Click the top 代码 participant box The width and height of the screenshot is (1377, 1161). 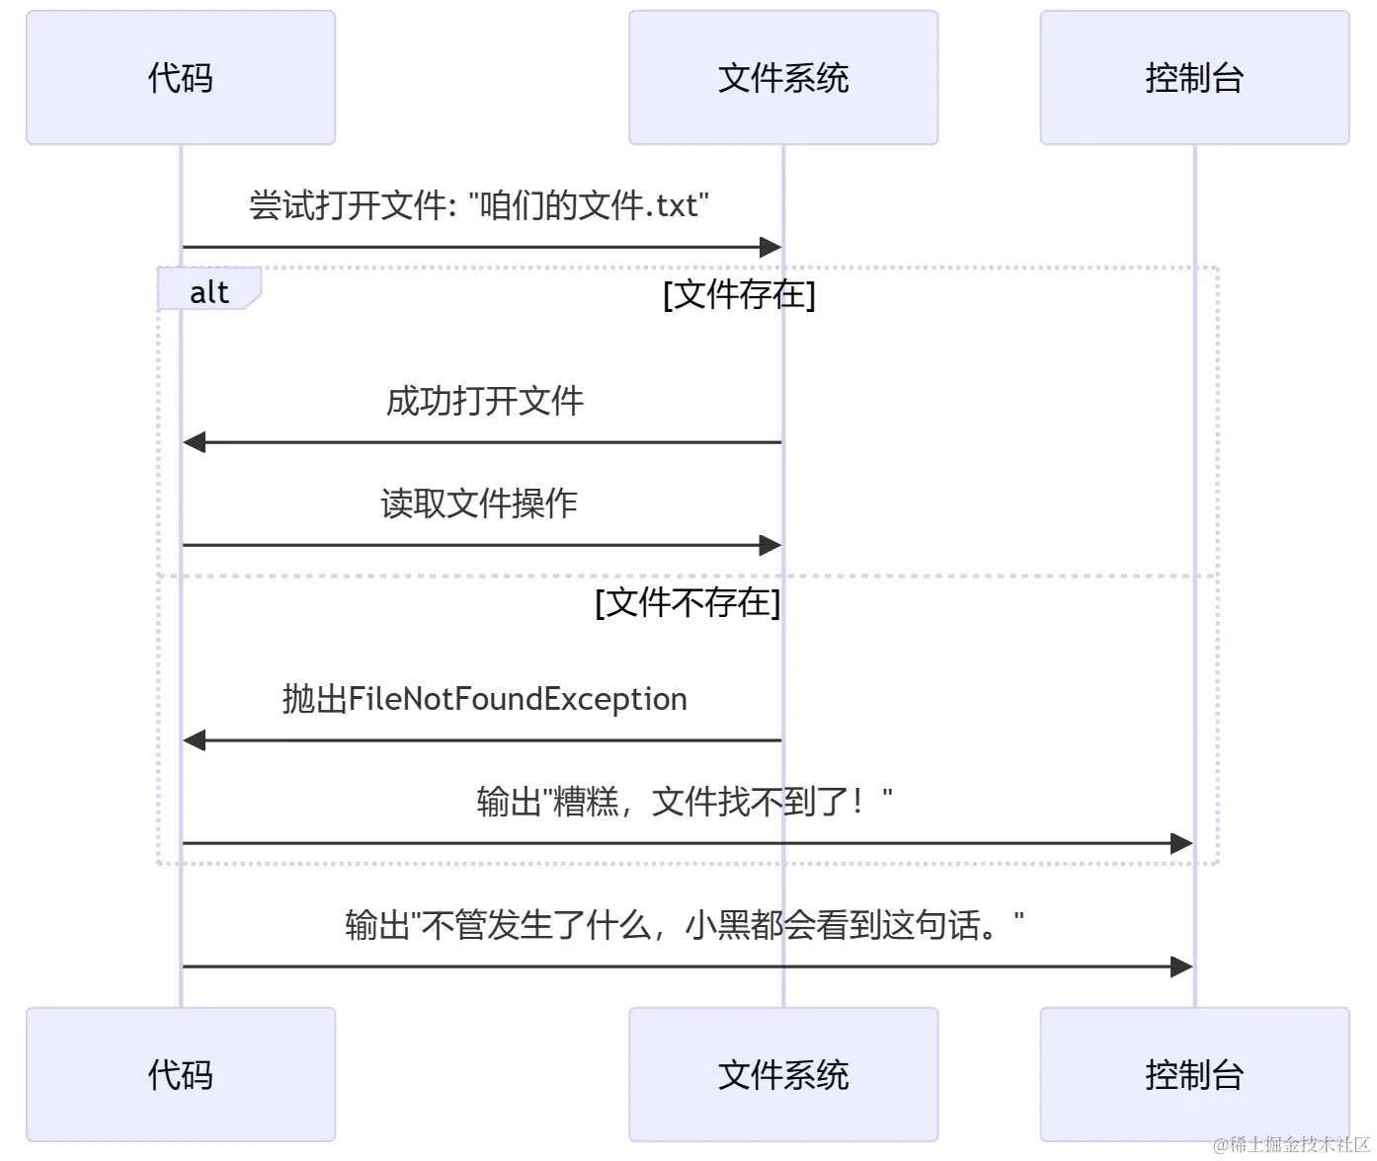pyautogui.click(x=181, y=78)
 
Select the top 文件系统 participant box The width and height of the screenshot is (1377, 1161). pyautogui.click(x=783, y=78)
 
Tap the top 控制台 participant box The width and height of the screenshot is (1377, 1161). pyautogui.click(x=1194, y=78)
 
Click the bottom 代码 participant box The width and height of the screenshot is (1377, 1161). pyautogui.click(x=181, y=1074)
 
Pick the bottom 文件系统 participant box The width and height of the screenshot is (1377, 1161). pyautogui.click(x=783, y=1074)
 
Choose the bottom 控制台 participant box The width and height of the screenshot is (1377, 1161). pyautogui.click(x=1194, y=1074)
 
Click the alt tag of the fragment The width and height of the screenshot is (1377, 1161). pyautogui.click(x=208, y=292)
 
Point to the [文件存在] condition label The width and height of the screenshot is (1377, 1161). pyautogui.click(x=739, y=294)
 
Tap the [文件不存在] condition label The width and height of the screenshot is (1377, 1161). pyautogui.click(x=688, y=602)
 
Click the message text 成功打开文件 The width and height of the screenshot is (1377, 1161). pyautogui.click(x=484, y=402)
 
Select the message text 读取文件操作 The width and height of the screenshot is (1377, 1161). pyautogui.click(x=479, y=503)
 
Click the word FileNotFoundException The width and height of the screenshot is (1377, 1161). pyautogui.click(x=518, y=699)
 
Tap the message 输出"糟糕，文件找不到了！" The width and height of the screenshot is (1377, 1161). pyautogui.click(x=684, y=802)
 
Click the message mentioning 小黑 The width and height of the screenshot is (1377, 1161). pyautogui.click(x=684, y=925)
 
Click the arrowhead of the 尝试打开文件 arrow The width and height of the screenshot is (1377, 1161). pyautogui.click(x=770, y=247)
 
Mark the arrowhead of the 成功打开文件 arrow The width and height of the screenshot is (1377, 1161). pyautogui.click(x=195, y=442)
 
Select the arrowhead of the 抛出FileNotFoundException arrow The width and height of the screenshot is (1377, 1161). pyautogui.click(x=195, y=740)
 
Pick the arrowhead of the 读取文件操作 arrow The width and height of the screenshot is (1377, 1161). pyautogui.click(x=770, y=545)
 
